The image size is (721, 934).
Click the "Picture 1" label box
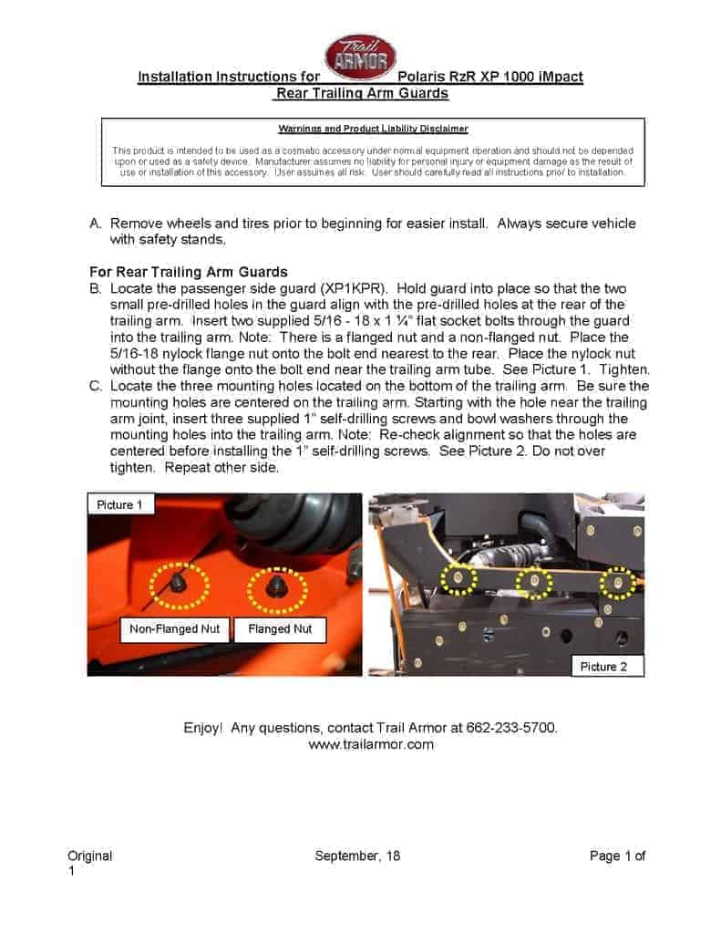(x=115, y=504)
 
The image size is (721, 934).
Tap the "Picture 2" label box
(x=603, y=667)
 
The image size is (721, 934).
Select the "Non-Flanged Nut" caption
(x=174, y=629)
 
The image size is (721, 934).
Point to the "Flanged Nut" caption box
(x=280, y=629)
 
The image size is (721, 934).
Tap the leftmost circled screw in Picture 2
(x=457, y=577)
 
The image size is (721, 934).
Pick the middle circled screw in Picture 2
(x=533, y=580)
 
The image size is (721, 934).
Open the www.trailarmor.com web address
(x=371, y=744)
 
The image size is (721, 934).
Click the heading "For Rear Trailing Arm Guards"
(x=189, y=272)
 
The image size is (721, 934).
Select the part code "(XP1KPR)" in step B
(x=344, y=287)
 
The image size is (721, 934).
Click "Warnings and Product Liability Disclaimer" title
(x=374, y=130)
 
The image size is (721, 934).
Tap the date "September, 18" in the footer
(x=357, y=856)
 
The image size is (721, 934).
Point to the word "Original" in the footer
(x=90, y=856)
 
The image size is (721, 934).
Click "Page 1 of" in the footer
(x=617, y=856)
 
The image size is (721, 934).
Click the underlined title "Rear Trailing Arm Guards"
(x=361, y=93)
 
